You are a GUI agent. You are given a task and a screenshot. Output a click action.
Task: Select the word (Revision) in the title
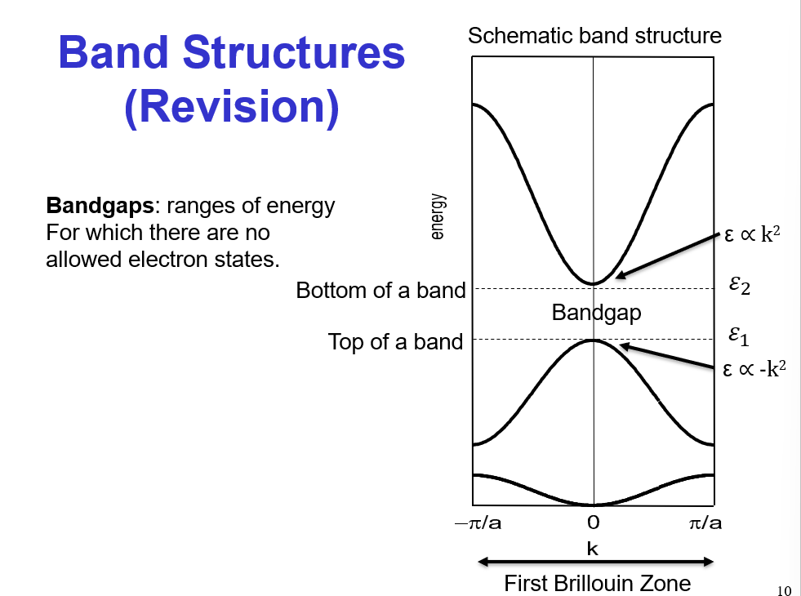tap(231, 108)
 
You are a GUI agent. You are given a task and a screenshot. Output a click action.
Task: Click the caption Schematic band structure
tap(594, 36)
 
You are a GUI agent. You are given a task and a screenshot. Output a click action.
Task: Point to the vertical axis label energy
tap(438, 216)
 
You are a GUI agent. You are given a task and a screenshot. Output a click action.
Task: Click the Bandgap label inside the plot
tap(596, 313)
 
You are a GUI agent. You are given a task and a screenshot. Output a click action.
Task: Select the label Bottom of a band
tap(380, 291)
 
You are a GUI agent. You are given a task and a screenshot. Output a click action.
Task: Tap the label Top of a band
tap(395, 341)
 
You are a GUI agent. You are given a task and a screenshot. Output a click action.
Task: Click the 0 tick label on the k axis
tap(594, 523)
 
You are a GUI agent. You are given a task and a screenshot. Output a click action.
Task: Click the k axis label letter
tap(593, 549)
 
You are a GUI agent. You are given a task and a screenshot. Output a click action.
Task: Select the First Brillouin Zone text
tap(597, 584)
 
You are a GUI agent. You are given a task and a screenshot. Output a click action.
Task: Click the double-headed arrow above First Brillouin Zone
tap(596, 562)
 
